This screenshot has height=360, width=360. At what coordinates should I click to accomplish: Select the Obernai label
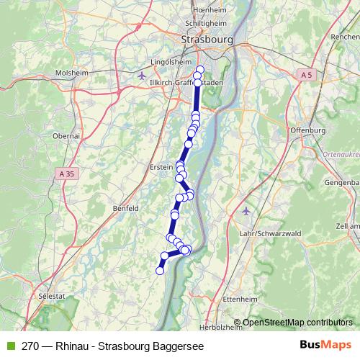(x=68, y=135)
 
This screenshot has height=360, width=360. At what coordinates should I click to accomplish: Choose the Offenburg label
(x=307, y=130)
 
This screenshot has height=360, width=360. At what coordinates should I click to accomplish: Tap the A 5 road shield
(x=306, y=74)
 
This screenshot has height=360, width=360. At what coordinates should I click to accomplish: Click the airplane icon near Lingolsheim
(x=141, y=75)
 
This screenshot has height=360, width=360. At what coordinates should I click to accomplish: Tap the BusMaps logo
(x=325, y=345)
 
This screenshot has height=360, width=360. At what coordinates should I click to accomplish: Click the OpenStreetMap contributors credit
(x=297, y=322)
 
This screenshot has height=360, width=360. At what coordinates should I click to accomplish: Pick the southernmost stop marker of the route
(x=160, y=270)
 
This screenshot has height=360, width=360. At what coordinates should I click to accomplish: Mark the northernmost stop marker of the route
(x=200, y=69)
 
